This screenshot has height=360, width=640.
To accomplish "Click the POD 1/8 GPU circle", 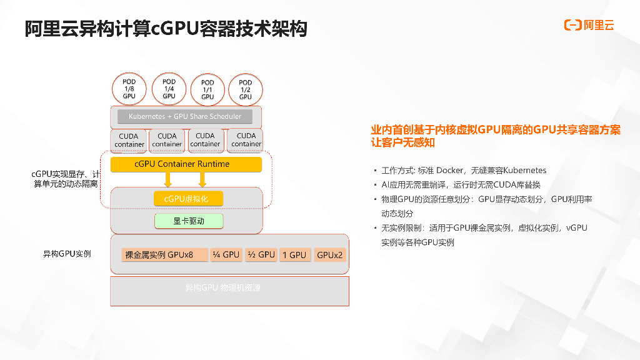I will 129,89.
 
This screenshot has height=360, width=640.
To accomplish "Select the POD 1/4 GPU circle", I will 169,89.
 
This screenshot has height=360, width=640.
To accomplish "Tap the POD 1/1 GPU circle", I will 207,89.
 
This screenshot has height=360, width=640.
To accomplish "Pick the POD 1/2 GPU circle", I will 246,89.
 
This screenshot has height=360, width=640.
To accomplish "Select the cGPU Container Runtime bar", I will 186,164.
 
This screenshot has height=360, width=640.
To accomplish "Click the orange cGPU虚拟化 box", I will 188,199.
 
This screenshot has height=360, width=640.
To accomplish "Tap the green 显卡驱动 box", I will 189,221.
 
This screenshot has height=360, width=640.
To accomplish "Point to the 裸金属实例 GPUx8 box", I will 164,255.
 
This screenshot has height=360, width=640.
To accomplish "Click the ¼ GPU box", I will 226,255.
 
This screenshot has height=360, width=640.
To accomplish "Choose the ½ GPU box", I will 261,255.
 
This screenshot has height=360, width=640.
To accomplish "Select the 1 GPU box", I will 294,255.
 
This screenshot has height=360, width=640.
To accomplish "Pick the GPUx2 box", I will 329,255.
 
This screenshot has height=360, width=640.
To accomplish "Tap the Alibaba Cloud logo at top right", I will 589,25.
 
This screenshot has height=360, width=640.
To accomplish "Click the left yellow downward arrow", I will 167,180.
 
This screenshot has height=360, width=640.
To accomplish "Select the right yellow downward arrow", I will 202,180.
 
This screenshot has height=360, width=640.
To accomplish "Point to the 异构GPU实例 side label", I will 67,254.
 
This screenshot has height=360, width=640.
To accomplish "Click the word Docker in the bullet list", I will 450,170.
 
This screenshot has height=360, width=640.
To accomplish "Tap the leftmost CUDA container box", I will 129,140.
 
